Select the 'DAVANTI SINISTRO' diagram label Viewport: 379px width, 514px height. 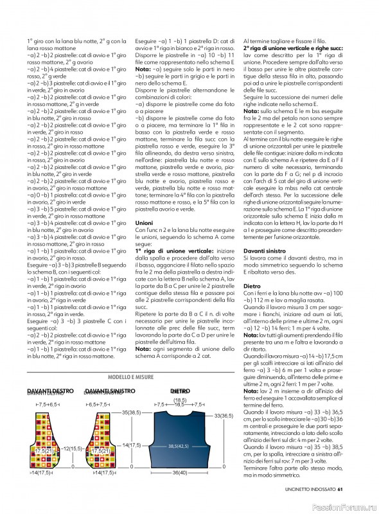(x=109, y=391)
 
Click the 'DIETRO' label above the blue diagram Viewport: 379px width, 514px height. (x=179, y=391)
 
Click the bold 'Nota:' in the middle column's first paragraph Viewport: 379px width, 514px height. (x=143, y=69)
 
